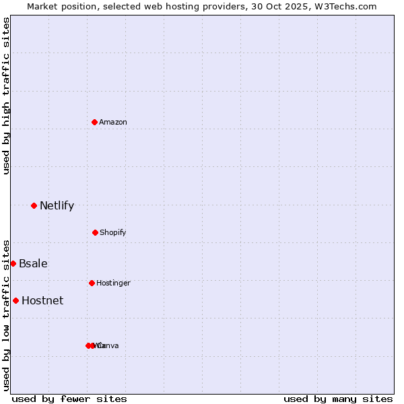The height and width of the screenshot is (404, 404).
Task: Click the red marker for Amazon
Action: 94,122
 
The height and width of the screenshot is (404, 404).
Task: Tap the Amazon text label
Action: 113,122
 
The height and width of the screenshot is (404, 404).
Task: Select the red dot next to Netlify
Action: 34,205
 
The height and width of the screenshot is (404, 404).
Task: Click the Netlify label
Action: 57,205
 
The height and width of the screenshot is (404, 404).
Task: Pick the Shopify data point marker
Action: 95,232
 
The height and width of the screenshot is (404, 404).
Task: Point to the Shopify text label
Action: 113,232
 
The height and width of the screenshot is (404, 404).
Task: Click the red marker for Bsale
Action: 13,263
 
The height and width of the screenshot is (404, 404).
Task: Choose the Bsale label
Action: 33,263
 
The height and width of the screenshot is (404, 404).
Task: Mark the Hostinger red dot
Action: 92,283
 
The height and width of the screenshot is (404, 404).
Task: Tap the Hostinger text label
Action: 113,283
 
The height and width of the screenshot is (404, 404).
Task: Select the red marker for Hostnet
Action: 15,300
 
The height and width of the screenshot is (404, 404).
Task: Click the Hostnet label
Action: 42,300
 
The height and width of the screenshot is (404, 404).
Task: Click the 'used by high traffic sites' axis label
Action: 6,96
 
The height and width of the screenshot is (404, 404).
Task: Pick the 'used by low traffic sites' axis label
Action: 6,314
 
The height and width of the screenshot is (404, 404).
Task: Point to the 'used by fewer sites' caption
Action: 69,399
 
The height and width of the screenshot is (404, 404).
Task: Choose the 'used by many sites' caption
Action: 338,399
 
